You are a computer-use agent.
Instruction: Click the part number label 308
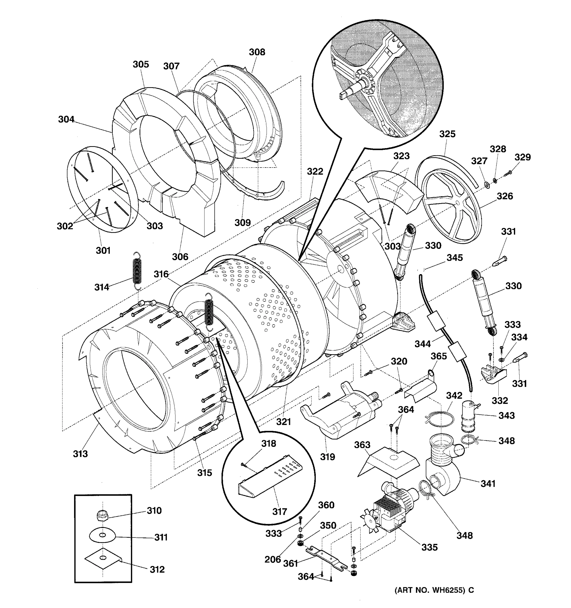coord(257,52)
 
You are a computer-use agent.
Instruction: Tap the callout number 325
coord(447,134)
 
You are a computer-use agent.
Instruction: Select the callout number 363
coord(362,445)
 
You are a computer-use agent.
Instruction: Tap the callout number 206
coord(273,559)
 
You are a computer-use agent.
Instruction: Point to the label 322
coord(315,172)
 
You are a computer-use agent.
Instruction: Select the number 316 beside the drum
coord(161,274)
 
